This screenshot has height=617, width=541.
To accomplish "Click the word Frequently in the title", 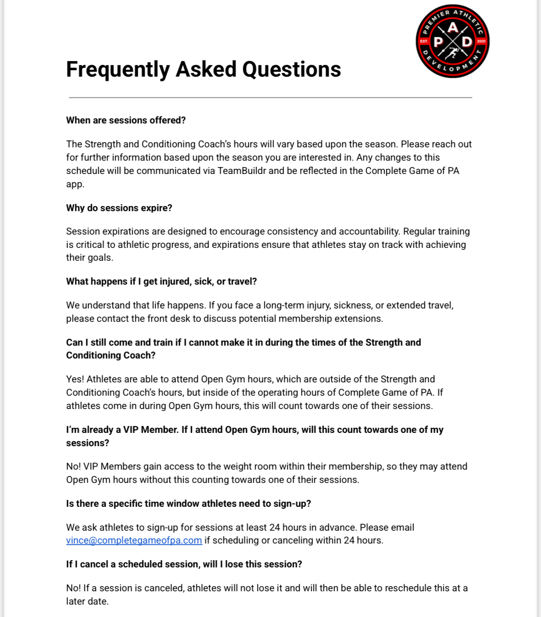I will (x=117, y=70).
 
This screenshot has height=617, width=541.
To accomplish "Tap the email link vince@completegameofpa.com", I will (x=134, y=540).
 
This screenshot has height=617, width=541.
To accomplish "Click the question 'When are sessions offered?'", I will (x=126, y=120).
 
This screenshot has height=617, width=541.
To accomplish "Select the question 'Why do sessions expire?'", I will (x=119, y=208).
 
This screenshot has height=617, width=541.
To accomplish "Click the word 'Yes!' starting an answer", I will (x=75, y=379).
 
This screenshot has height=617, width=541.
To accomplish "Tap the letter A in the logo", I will (x=453, y=28).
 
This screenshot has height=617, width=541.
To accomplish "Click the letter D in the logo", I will (x=467, y=42).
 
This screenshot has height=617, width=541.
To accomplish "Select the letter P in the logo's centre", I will (x=439, y=42).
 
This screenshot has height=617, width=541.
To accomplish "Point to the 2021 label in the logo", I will (x=481, y=41).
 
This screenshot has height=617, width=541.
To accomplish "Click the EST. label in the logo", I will (x=424, y=41).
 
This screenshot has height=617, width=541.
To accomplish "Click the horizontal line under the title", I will (x=270, y=97).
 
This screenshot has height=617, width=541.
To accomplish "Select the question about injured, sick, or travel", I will (x=161, y=281).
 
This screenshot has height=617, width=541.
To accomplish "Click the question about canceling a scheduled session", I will (x=184, y=564).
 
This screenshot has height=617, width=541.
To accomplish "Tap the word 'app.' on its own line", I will (x=75, y=184).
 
